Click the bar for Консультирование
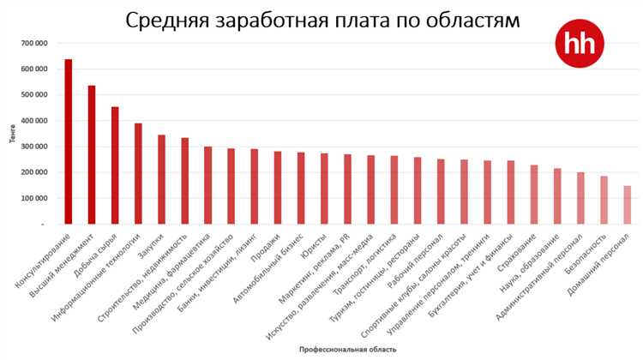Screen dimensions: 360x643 pyautogui.click(x=69, y=141)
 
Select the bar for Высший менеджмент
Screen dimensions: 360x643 pyautogui.click(x=92, y=154)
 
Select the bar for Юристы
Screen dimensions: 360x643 pyautogui.click(x=324, y=189)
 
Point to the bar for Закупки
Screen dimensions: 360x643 pyautogui.click(x=161, y=179)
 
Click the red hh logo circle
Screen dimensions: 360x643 pyautogui.click(x=580, y=45)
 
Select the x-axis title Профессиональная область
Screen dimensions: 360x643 pyautogui.click(x=347, y=350)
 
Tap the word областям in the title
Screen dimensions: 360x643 pyautogui.click(x=474, y=20)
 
